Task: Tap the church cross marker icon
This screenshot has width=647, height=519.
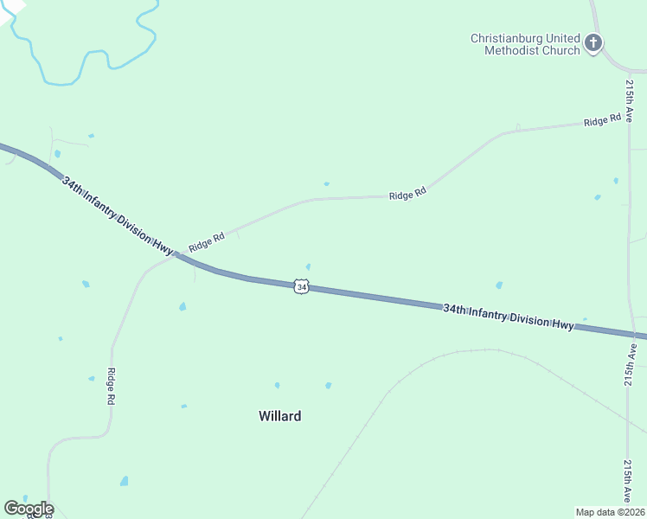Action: pos(593,42)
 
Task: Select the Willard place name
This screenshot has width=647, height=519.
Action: pos(280,416)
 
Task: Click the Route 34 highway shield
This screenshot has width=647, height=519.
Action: pos(300,286)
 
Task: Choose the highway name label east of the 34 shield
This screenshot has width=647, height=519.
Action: pos(508,317)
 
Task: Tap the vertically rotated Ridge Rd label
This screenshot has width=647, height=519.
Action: pos(111,388)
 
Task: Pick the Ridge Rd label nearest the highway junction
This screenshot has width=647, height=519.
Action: pos(207,241)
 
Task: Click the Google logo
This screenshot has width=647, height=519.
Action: pos(29,509)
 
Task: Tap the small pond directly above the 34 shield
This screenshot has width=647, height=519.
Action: pos(308,266)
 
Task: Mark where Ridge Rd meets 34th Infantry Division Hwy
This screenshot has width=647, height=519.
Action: pos(177,254)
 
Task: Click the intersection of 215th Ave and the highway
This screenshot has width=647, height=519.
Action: pos(631,334)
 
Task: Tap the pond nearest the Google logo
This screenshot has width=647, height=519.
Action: pos(125,481)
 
